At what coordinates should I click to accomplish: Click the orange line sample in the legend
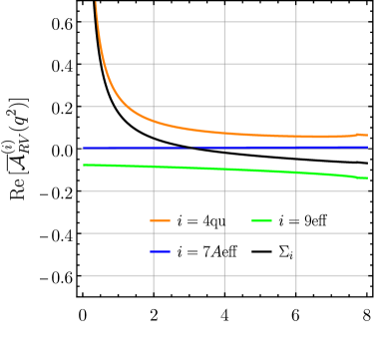[x=160, y=220]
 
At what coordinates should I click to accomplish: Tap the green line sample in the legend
[x=261, y=220]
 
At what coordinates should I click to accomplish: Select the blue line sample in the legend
[x=160, y=251]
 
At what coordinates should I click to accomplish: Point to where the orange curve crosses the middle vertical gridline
[x=224, y=133]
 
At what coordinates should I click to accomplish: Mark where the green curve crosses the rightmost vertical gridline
[x=296, y=172]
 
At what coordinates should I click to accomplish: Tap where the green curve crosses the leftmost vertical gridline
[x=154, y=167]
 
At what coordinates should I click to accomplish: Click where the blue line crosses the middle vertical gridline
[x=224, y=148]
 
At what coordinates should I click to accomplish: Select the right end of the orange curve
[x=367, y=135]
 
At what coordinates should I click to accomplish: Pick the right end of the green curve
[x=367, y=178]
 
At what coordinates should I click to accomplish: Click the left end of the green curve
[x=83, y=165]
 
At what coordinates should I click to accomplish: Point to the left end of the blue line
[x=83, y=148]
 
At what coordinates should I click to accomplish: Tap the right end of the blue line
[x=367, y=148]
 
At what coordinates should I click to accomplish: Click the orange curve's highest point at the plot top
[x=96, y=3]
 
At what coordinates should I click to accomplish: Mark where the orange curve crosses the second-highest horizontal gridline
[x=103, y=64]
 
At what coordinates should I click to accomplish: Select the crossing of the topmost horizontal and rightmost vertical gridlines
[x=296, y=22]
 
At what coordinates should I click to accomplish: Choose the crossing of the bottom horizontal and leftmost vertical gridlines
[x=154, y=275]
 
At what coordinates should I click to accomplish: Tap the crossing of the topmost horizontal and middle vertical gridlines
[x=224, y=22]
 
